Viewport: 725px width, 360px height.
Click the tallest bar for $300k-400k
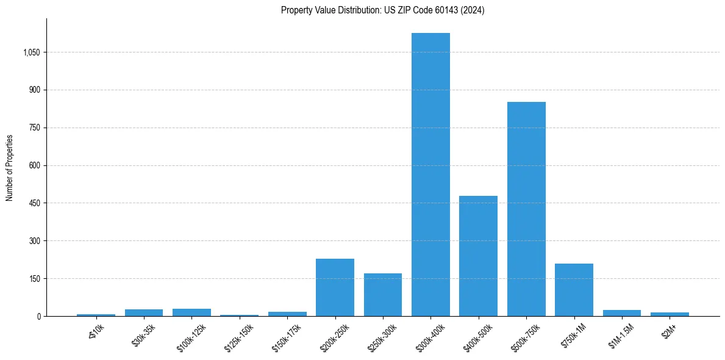[430, 175]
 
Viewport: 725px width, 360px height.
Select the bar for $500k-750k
[526, 209]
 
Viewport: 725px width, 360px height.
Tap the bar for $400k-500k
[478, 256]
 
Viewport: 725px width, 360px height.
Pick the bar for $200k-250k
[335, 287]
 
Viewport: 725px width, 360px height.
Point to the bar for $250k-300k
[383, 295]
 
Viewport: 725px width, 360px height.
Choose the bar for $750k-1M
[574, 290]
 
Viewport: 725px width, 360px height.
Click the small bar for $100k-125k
[191, 312]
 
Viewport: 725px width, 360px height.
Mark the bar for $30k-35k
[144, 312]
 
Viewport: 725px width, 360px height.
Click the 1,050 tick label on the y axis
[31, 52]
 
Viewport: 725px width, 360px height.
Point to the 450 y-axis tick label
[34, 203]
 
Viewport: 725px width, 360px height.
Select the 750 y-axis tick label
[34, 128]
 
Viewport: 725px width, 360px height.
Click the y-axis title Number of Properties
[10, 167]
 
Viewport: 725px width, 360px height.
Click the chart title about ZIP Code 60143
[382, 10]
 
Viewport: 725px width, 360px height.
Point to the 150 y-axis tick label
[34, 279]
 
